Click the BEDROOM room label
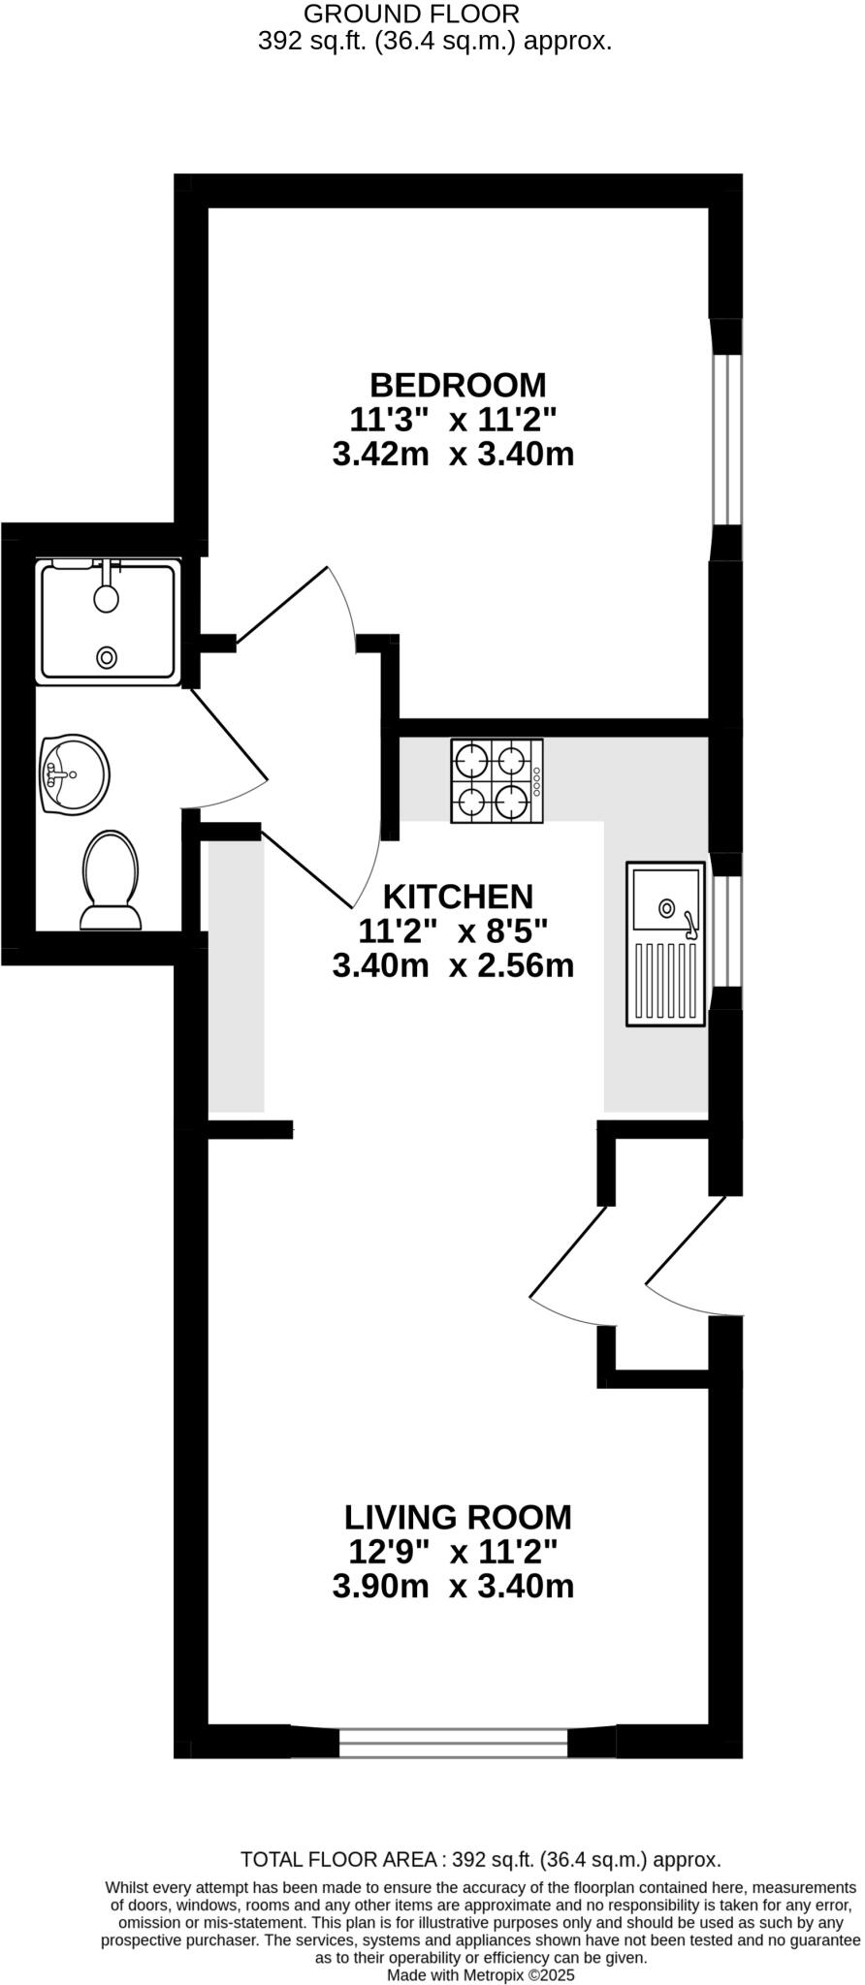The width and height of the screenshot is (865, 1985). [458, 385]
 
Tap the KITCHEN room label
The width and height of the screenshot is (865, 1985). [458, 896]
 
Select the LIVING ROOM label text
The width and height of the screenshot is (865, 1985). [458, 1516]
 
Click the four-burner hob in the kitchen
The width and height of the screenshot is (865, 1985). [497, 781]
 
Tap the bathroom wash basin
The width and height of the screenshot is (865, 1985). [74, 773]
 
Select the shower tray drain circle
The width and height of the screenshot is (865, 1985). [107, 657]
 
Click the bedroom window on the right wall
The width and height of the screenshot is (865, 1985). [726, 440]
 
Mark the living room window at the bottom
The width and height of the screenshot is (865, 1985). [453, 1743]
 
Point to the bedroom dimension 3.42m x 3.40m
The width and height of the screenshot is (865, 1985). [453, 455]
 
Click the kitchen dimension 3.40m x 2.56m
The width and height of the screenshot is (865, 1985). [453, 966]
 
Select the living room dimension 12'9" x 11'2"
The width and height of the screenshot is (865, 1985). [453, 1552]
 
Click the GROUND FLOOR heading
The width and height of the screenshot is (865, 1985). [411, 14]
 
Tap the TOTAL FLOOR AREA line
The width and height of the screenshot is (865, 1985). [480, 1860]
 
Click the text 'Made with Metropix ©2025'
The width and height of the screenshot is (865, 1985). [481, 1974]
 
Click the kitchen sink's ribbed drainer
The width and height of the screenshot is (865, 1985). [665, 980]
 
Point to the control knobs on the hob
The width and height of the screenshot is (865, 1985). [536, 781]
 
